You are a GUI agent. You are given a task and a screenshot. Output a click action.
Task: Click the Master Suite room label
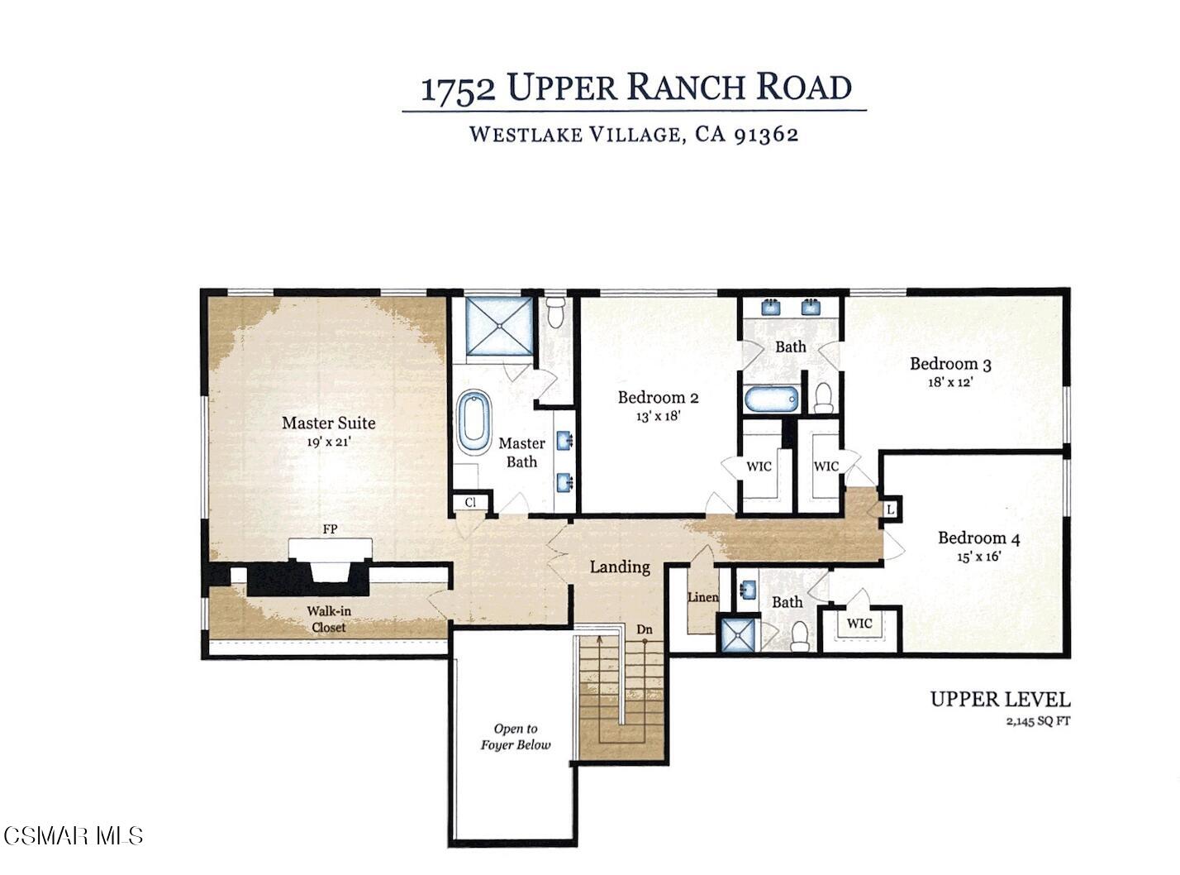pos(328,423)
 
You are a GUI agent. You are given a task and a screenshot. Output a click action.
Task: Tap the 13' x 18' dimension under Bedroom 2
pos(658,417)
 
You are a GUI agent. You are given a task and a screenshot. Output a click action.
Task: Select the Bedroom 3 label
pos(950,364)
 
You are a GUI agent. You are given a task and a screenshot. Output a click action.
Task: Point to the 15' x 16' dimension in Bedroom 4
pos(978,557)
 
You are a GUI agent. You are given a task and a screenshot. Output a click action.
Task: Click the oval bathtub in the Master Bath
pos(474,421)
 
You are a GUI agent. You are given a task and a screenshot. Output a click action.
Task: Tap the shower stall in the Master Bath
pos(498,326)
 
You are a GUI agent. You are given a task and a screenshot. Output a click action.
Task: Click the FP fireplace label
pos(330,529)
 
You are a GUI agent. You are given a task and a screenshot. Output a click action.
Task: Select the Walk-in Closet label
pos(326,619)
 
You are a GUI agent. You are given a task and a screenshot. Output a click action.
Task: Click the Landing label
pos(620,567)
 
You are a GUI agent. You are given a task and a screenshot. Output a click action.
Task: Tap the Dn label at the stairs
pos(645,630)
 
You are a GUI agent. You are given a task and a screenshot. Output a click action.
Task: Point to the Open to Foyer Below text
pos(516,737)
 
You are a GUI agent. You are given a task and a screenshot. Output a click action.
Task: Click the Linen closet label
pos(702,598)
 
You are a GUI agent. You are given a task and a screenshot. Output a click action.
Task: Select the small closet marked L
pos(890,510)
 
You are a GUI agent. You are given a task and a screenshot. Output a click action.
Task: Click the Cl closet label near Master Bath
pos(470,503)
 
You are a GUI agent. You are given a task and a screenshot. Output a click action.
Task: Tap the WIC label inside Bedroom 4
pos(859,624)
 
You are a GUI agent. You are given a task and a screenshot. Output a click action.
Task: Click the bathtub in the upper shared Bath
pos(772,399)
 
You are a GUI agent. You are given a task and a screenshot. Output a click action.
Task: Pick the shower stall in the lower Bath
pos(738,635)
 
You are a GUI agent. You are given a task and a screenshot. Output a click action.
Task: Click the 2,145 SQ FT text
pos(1038,721)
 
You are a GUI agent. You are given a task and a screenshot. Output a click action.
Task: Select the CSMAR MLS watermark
pos(73,835)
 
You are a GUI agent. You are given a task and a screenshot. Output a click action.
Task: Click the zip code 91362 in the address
pos(766,135)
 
